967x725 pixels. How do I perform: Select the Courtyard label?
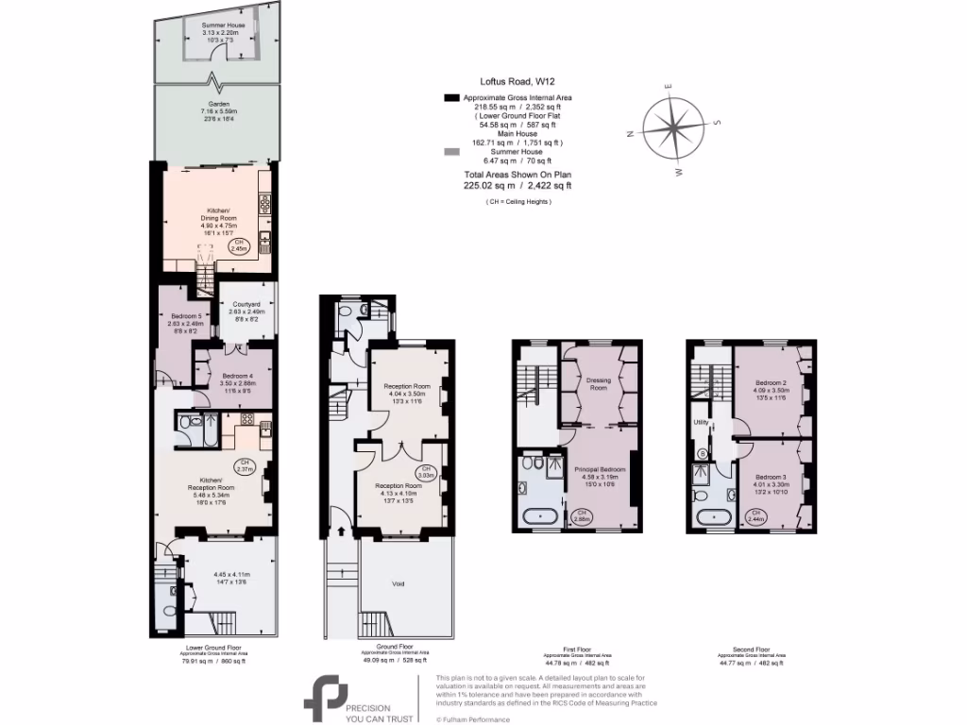coord(247,305)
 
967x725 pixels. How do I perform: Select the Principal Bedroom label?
coord(600,469)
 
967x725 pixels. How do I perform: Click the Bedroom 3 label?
coord(772,479)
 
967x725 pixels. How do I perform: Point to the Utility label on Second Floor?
coord(702,423)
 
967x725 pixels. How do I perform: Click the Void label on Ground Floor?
coord(399,584)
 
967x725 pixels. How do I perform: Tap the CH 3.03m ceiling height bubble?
coord(426,472)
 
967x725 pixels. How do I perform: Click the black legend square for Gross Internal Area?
coord(451,97)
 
